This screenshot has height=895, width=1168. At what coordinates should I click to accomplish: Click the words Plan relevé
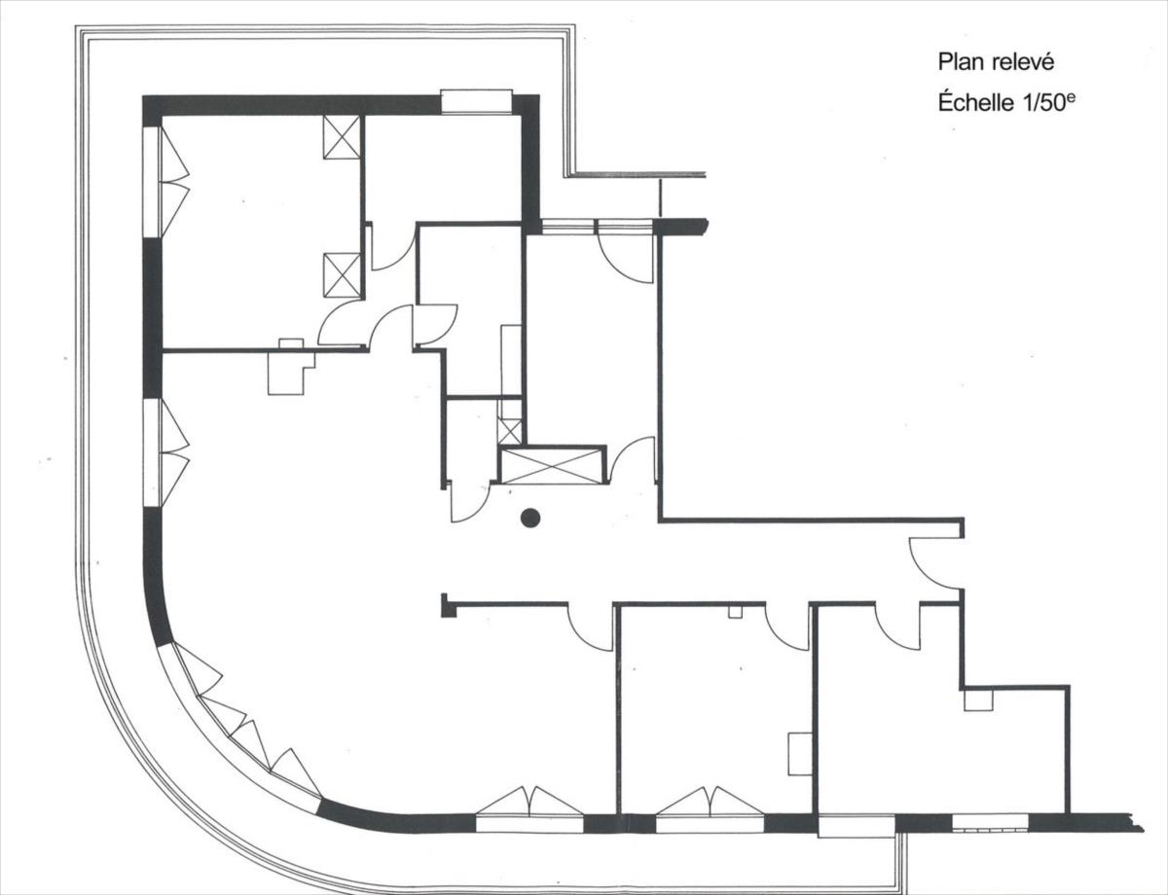click(x=996, y=63)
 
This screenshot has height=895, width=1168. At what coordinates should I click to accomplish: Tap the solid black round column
click(x=530, y=518)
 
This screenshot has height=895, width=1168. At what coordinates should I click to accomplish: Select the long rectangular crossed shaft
click(x=552, y=465)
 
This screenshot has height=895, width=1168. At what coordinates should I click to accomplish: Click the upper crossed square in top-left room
click(x=342, y=137)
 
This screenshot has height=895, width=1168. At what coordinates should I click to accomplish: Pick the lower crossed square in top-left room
click(x=342, y=275)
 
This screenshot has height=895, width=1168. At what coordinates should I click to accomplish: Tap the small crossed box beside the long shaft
click(x=510, y=431)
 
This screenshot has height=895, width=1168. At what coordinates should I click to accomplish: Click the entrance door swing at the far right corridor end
click(x=934, y=564)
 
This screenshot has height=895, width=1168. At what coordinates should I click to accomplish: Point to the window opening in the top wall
click(x=476, y=101)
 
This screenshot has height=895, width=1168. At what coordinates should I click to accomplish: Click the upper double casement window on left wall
click(x=166, y=181)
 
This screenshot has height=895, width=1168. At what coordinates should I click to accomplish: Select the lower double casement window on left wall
click(x=166, y=451)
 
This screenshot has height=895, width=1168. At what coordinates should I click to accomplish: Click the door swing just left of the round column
click(x=469, y=503)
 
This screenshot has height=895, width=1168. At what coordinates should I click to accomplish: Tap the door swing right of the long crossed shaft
click(x=635, y=461)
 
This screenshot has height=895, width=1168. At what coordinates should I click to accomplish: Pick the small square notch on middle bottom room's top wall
click(x=735, y=611)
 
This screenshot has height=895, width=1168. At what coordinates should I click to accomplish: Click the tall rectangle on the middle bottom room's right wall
click(x=800, y=754)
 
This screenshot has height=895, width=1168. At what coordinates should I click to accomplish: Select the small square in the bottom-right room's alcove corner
click(x=978, y=700)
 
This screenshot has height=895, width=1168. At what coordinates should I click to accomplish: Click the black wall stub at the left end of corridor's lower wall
click(x=449, y=605)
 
